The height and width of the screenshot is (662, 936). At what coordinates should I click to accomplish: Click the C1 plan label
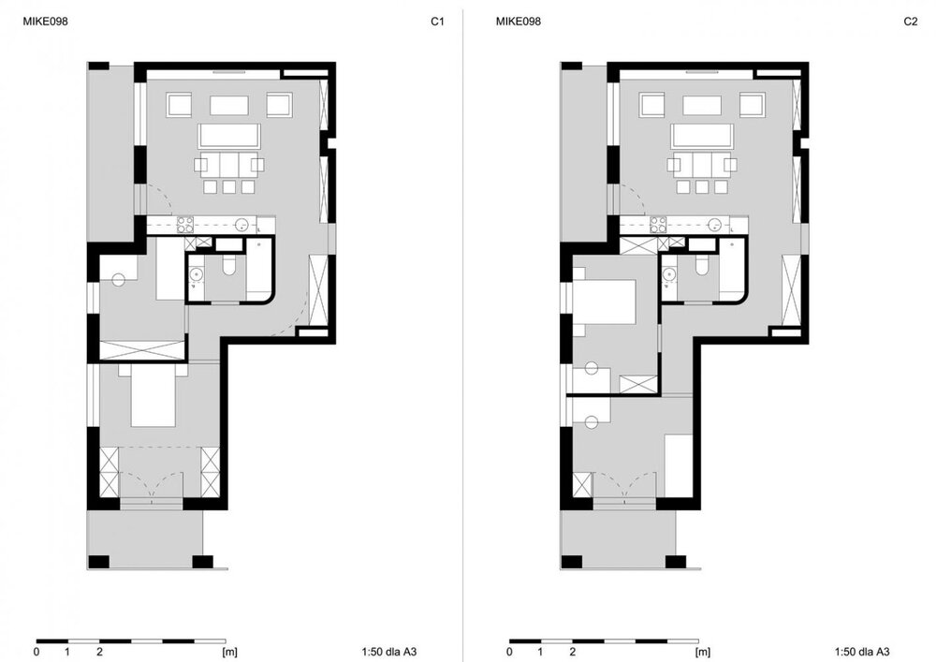(x=437, y=22)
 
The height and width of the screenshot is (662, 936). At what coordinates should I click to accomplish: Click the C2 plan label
(x=911, y=22)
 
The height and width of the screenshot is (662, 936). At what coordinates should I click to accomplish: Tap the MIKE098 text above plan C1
(x=45, y=22)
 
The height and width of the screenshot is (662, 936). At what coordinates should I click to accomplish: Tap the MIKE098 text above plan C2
(x=519, y=22)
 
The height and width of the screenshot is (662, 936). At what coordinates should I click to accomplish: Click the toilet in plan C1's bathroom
(x=228, y=266)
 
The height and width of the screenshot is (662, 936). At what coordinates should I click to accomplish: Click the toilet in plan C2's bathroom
(x=701, y=266)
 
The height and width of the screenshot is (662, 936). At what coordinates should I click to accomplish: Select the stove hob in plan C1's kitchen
(x=185, y=225)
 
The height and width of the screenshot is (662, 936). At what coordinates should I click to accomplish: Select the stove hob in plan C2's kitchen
(x=658, y=225)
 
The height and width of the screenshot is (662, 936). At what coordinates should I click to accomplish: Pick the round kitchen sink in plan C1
(x=242, y=225)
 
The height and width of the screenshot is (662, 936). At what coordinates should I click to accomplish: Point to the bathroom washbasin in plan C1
(x=196, y=274)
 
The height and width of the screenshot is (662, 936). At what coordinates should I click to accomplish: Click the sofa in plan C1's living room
(x=230, y=136)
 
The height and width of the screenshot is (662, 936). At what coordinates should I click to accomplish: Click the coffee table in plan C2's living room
(x=702, y=105)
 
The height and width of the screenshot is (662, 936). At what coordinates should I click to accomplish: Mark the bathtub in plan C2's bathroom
(x=733, y=270)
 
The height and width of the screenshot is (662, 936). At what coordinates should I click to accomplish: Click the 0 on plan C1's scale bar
(x=37, y=652)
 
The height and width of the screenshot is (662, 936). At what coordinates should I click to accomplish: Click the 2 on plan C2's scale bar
(x=573, y=652)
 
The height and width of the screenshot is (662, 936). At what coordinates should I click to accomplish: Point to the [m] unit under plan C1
(x=230, y=652)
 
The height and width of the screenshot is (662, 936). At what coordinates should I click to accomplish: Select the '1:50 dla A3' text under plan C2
(x=862, y=652)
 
